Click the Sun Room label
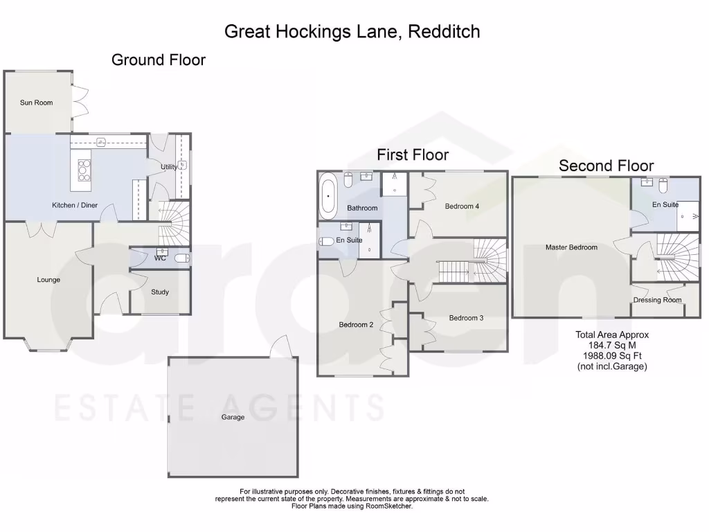[x=36, y=103]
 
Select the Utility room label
[x=168, y=167]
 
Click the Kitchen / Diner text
[x=75, y=206]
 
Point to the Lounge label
[x=48, y=280]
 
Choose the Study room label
[x=160, y=292]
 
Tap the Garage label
[x=233, y=417]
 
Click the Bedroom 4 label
[x=462, y=206]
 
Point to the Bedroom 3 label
[x=466, y=318]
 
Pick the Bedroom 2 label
[x=356, y=325]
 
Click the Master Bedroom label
[x=571, y=247]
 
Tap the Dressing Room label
[x=657, y=300]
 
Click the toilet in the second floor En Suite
[x=663, y=186]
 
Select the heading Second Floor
[x=606, y=166]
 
